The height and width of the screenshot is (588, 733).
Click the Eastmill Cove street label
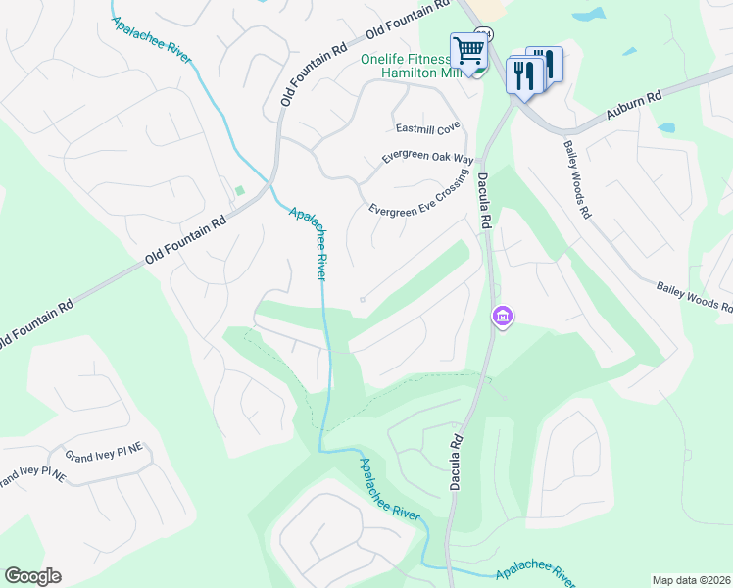point(427,128)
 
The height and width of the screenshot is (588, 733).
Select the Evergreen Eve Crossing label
point(416,195)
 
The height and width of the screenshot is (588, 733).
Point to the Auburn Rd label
point(634,106)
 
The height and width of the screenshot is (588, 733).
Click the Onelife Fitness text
point(405,59)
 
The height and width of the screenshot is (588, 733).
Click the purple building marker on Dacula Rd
point(502,317)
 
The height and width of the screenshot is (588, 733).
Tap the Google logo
point(32,576)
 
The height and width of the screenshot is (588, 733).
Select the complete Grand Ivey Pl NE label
point(104,454)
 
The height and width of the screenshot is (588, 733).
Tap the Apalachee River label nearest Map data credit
point(535,572)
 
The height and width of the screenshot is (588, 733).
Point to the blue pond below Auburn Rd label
point(667,127)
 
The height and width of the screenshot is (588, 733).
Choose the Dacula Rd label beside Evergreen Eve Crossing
point(483,201)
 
